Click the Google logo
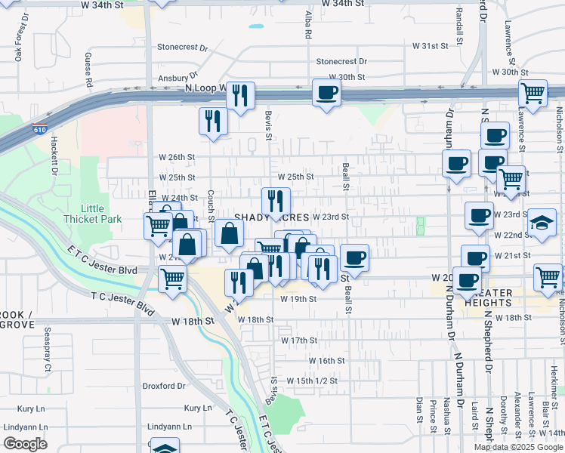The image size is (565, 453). click(x=24, y=444)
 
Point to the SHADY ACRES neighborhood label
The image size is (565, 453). click(x=272, y=217)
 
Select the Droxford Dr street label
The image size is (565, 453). click(x=164, y=386)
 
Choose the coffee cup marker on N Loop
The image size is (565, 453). click(x=326, y=93)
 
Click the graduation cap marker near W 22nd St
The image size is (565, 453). click(x=541, y=222)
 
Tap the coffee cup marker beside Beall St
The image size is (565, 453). click(x=354, y=258)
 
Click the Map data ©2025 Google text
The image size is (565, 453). click(x=517, y=447)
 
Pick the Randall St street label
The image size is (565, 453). click(x=460, y=24)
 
